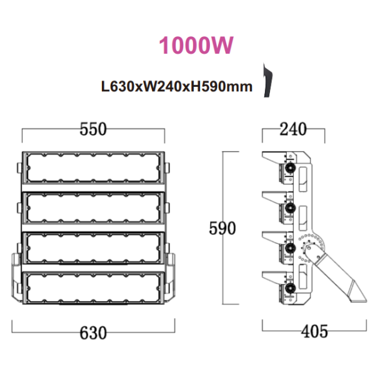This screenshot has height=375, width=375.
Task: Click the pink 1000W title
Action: (196, 45)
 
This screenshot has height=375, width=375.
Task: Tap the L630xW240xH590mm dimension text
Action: (177, 86)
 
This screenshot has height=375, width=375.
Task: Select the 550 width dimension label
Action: (93, 129)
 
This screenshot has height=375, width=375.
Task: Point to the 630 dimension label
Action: (93, 333)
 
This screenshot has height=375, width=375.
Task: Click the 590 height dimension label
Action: (222, 228)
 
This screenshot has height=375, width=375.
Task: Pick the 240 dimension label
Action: (293, 129)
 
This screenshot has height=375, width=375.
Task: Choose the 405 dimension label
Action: (314, 331)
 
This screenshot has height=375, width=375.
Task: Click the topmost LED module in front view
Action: (93, 168)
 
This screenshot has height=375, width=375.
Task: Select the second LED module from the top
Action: (93, 208)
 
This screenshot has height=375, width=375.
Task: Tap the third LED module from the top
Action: (93, 248)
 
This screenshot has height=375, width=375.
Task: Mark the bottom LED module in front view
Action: (93, 288)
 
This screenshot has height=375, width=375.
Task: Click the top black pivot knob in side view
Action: (290, 168)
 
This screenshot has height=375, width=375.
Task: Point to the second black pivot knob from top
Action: (290, 208)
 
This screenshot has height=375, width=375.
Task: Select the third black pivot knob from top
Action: (290, 248)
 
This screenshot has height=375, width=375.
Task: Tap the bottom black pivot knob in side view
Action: (290, 288)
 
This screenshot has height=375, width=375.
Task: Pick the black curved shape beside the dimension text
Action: (268, 81)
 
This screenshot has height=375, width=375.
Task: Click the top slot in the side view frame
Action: (302, 179)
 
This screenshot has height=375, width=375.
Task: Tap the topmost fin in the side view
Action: (274, 157)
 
